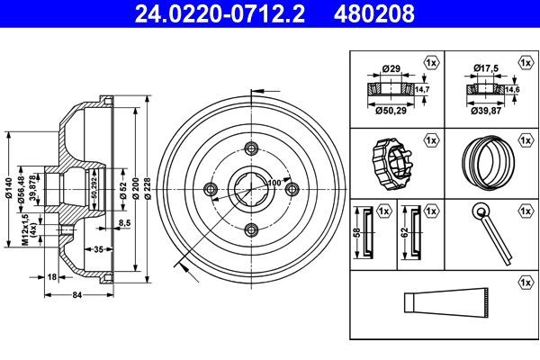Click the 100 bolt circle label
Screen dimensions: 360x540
pos(273,184)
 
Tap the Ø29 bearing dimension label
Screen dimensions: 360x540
pos(391,68)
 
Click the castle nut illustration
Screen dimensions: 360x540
pos(392,161)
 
